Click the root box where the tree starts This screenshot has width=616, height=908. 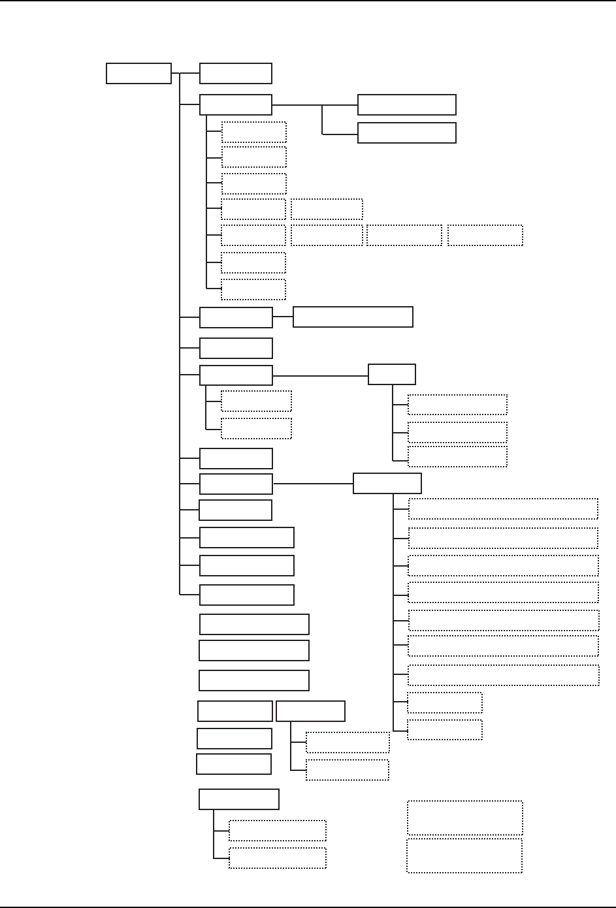(138, 73)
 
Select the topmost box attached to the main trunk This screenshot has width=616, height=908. (235, 73)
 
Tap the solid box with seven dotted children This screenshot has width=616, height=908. (235, 105)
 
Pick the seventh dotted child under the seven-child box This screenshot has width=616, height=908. (253, 289)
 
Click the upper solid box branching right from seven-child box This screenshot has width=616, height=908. (406, 104)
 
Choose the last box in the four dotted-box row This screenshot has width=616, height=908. (485, 235)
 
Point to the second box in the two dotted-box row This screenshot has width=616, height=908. (327, 209)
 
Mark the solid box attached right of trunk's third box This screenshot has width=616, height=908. (353, 317)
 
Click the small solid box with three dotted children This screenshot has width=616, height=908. (391, 374)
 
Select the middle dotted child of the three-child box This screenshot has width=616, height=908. (457, 432)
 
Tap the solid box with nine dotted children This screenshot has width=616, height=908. (387, 484)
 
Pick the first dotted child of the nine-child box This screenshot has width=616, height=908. (503, 509)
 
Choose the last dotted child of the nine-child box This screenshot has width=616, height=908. (444, 730)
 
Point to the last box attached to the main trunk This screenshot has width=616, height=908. (246, 595)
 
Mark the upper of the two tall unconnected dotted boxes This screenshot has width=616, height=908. (464, 817)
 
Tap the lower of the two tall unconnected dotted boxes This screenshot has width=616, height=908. (464, 855)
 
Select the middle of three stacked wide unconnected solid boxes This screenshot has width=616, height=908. (253, 650)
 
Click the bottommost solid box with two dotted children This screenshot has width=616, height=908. (238, 800)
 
